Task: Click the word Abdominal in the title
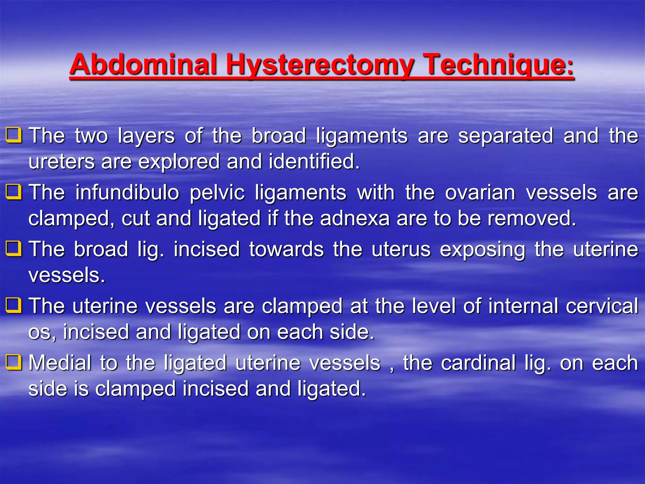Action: [x=144, y=65]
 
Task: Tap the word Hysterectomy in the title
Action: [x=320, y=65]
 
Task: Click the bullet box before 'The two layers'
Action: [x=14, y=135]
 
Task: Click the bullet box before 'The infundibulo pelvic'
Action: [x=14, y=192]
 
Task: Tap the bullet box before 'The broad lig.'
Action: [x=14, y=249]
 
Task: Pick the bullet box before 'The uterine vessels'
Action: [x=14, y=306]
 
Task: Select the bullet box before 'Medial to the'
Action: [x=14, y=362]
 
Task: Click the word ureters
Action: [x=62, y=162]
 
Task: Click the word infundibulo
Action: [x=127, y=192]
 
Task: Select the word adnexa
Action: [x=355, y=219]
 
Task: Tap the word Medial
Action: [x=60, y=363]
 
